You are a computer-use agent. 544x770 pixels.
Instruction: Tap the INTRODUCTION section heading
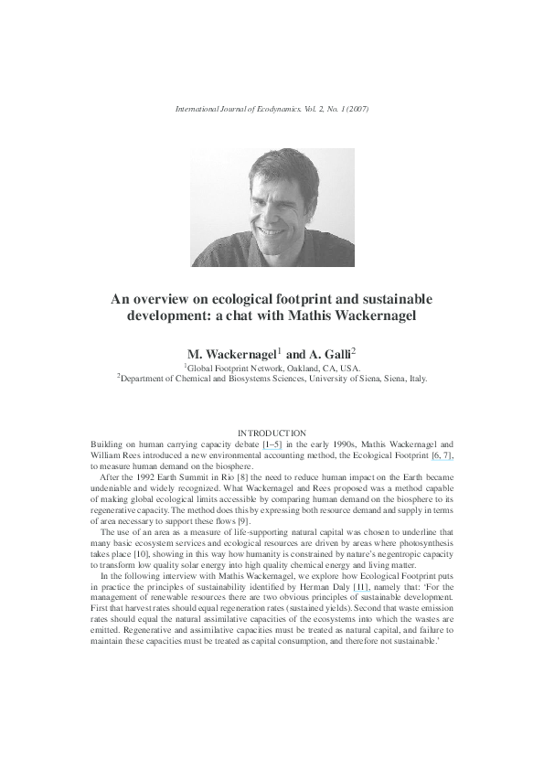click(x=272, y=432)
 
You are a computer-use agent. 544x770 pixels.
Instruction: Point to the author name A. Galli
click(x=333, y=353)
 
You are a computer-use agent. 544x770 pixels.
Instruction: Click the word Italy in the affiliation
click(x=415, y=377)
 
